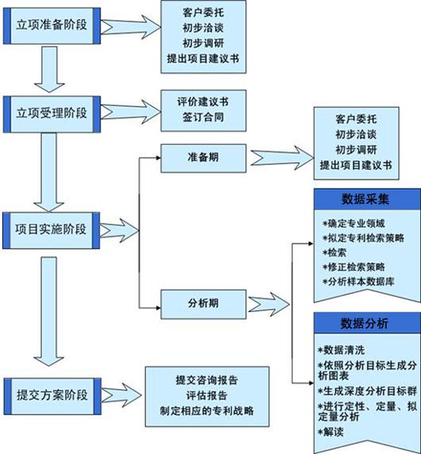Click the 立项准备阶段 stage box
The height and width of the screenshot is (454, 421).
click(52, 26)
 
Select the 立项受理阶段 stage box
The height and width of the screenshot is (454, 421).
click(52, 114)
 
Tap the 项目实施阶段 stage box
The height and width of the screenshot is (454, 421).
click(52, 230)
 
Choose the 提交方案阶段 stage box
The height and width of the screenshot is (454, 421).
click(52, 396)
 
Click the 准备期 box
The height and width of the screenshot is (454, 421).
click(203, 159)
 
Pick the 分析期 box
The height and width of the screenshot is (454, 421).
click(203, 304)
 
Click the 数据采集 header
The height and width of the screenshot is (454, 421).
click(367, 199)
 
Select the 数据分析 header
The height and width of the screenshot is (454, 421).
click(367, 323)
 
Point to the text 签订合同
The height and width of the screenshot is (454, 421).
click(203, 117)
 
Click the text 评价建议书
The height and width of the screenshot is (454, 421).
click(203, 102)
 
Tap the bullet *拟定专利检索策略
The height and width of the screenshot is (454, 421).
click(363, 238)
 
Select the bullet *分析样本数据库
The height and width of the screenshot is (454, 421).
click(358, 282)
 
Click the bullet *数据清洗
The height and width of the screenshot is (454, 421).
click(341, 350)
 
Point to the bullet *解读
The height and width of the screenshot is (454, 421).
click(330, 433)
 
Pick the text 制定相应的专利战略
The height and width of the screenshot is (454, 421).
click(207, 411)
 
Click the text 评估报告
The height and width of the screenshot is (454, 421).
click(207, 395)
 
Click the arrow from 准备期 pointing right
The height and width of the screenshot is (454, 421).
click(282, 158)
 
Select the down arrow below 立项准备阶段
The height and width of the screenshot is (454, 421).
click(49, 70)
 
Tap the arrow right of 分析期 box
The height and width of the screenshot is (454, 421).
click(268, 304)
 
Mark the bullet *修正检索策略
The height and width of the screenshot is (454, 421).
click(353, 267)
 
